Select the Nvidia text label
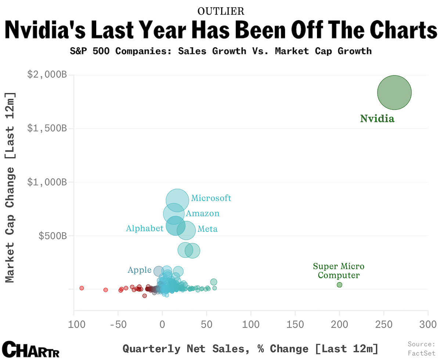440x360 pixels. click(377, 119)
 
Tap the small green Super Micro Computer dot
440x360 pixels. click(339, 285)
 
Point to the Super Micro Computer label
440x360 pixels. click(339, 271)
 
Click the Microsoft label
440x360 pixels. click(211, 198)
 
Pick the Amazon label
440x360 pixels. click(202, 214)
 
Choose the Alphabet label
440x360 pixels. click(144, 228)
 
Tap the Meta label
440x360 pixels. click(208, 229)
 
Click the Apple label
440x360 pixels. click(139, 270)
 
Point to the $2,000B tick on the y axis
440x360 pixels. click(47, 75)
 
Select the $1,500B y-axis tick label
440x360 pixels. click(47, 128)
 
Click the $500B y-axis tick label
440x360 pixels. click(53, 236)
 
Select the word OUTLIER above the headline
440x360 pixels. click(221, 11)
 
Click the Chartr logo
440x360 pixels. click(30, 349)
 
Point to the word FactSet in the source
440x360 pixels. click(421, 353)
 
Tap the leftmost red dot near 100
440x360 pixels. click(82, 288)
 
